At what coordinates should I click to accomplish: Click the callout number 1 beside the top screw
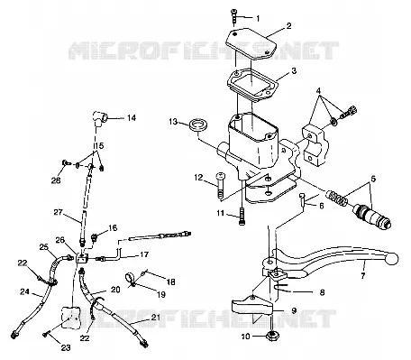(258, 19)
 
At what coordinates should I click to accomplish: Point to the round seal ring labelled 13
(198, 125)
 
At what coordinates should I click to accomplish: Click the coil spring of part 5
(336, 198)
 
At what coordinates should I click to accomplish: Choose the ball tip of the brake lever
(391, 259)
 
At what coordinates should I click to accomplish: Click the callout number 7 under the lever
(363, 276)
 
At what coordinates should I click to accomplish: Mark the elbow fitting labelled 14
(100, 117)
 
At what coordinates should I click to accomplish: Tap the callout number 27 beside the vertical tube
(59, 213)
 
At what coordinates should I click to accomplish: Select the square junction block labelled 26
(81, 258)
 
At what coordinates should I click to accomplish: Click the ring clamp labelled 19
(131, 279)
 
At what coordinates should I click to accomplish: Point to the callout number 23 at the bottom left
(66, 347)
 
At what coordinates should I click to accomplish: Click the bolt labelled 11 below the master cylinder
(242, 216)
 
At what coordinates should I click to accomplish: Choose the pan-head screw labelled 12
(220, 185)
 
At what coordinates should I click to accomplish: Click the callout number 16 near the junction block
(113, 227)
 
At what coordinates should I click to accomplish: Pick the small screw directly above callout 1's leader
(233, 17)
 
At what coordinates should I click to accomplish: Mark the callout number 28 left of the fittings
(56, 180)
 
